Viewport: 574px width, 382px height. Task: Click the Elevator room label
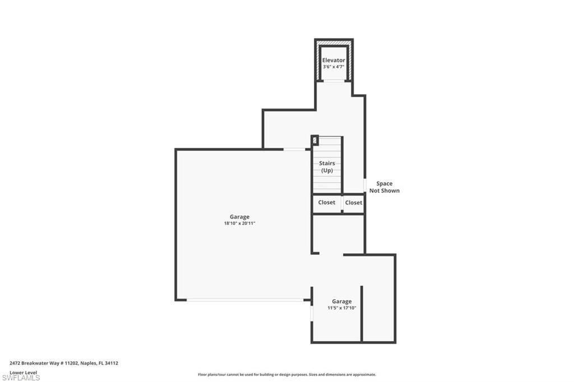(x=334, y=60)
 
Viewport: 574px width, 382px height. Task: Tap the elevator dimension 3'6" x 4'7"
(x=334, y=67)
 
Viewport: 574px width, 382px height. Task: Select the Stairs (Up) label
(x=327, y=166)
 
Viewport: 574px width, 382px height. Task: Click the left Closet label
(x=327, y=202)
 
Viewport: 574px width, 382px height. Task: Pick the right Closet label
(x=354, y=203)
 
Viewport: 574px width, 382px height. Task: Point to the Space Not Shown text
(x=384, y=187)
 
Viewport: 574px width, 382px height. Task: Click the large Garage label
(x=239, y=217)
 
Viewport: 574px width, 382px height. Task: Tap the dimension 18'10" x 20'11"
(x=239, y=223)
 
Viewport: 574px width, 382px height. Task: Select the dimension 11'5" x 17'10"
(x=342, y=308)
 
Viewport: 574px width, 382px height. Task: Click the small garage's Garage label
(x=341, y=301)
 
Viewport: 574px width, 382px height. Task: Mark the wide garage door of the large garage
(x=245, y=300)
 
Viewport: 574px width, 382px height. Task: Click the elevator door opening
(x=334, y=81)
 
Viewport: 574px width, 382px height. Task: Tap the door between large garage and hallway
(x=294, y=149)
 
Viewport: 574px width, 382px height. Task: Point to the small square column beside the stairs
(x=315, y=141)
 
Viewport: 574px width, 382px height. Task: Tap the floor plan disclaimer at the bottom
(x=286, y=375)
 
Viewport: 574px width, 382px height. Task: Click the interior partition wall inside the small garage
(x=362, y=314)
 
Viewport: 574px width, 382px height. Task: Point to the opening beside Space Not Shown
(x=365, y=185)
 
